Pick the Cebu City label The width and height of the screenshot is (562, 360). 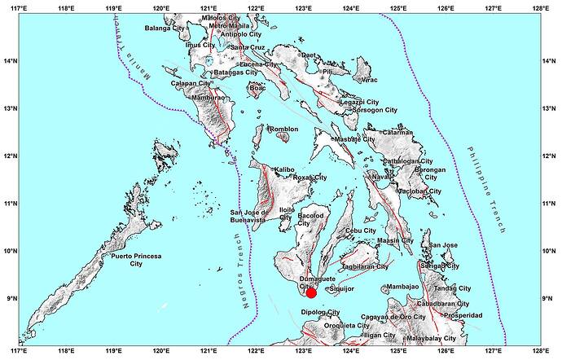point(361,231)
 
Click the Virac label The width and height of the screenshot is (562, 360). point(370,81)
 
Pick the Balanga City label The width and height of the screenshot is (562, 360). point(165,29)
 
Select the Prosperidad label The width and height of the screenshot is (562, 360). point(460,315)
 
